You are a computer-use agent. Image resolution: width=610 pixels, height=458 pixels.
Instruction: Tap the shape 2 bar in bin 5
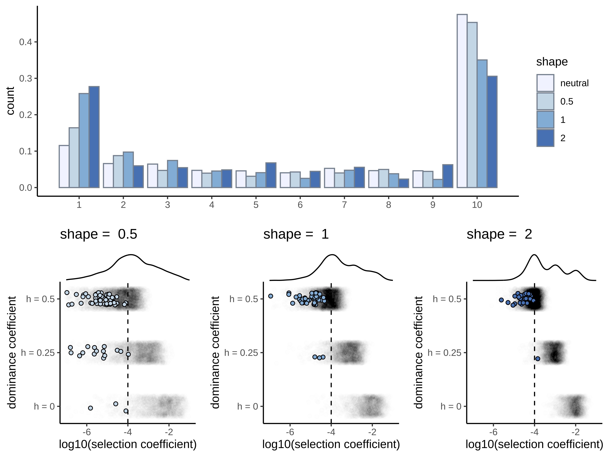coord(271,175)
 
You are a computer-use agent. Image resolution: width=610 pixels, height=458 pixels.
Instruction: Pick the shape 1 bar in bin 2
coord(128,170)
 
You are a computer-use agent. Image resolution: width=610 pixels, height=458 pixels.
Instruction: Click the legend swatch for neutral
coord(545,83)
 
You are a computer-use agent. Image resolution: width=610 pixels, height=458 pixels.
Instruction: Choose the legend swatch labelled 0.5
coord(545,101)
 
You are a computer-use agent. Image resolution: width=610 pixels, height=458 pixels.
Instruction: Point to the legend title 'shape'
coord(552,62)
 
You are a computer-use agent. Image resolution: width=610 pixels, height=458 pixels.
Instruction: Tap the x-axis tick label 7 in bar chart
coord(344,205)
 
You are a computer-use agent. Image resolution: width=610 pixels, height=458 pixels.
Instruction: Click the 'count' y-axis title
coord(10,101)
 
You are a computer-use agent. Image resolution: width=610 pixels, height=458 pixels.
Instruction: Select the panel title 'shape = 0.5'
coord(98,234)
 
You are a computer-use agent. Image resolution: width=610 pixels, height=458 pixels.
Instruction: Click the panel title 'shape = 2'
coord(499,234)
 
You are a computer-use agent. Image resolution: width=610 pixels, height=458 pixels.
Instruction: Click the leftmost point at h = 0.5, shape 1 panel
coord(270,296)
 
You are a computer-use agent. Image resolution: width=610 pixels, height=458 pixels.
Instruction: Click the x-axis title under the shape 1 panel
coord(331,444)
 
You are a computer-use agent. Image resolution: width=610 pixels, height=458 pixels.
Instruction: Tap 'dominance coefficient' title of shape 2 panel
coord(419,352)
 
